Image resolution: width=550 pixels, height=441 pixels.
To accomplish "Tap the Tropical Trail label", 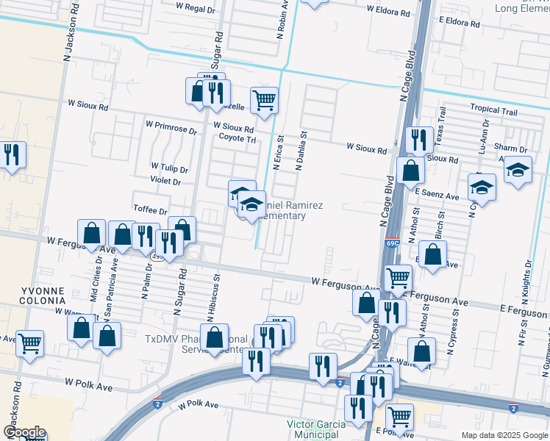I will [x=494, y=110].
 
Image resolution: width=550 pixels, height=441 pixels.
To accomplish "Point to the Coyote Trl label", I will [x=237, y=138].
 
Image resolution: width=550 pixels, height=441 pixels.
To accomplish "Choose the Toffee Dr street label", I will [x=151, y=210].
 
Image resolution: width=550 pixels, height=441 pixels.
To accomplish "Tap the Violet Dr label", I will [x=165, y=181].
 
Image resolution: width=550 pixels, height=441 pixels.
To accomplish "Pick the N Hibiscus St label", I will [x=216, y=298].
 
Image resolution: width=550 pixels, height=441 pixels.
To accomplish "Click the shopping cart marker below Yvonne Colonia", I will [x=29, y=343].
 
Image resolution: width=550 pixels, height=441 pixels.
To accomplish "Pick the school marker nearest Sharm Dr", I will [x=518, y=171].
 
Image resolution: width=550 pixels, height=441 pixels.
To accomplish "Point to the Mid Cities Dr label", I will [x=96, y=274].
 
